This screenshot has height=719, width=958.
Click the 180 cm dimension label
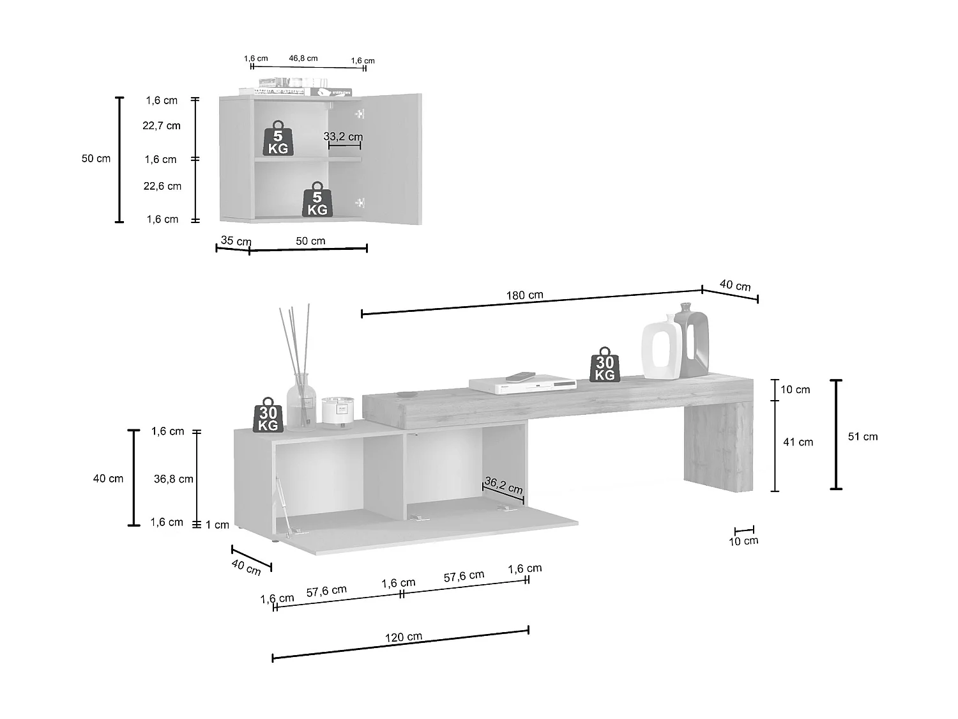524,295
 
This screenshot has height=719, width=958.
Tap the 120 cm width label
403,637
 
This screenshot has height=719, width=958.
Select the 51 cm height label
862,437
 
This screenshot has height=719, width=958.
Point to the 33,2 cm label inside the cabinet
343,137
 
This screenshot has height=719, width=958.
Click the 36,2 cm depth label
503,486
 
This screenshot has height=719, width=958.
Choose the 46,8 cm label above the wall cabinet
303,58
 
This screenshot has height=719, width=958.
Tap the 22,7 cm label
161,126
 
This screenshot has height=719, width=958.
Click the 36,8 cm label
173,479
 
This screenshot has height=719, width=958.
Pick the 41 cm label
798,442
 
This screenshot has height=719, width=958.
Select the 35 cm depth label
236,241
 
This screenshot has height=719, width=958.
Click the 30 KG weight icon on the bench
604,366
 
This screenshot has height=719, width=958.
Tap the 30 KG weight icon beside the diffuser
268,415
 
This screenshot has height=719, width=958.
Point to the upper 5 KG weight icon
278,138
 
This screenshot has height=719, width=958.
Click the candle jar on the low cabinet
337,410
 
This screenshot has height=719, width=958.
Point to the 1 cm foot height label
217,525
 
